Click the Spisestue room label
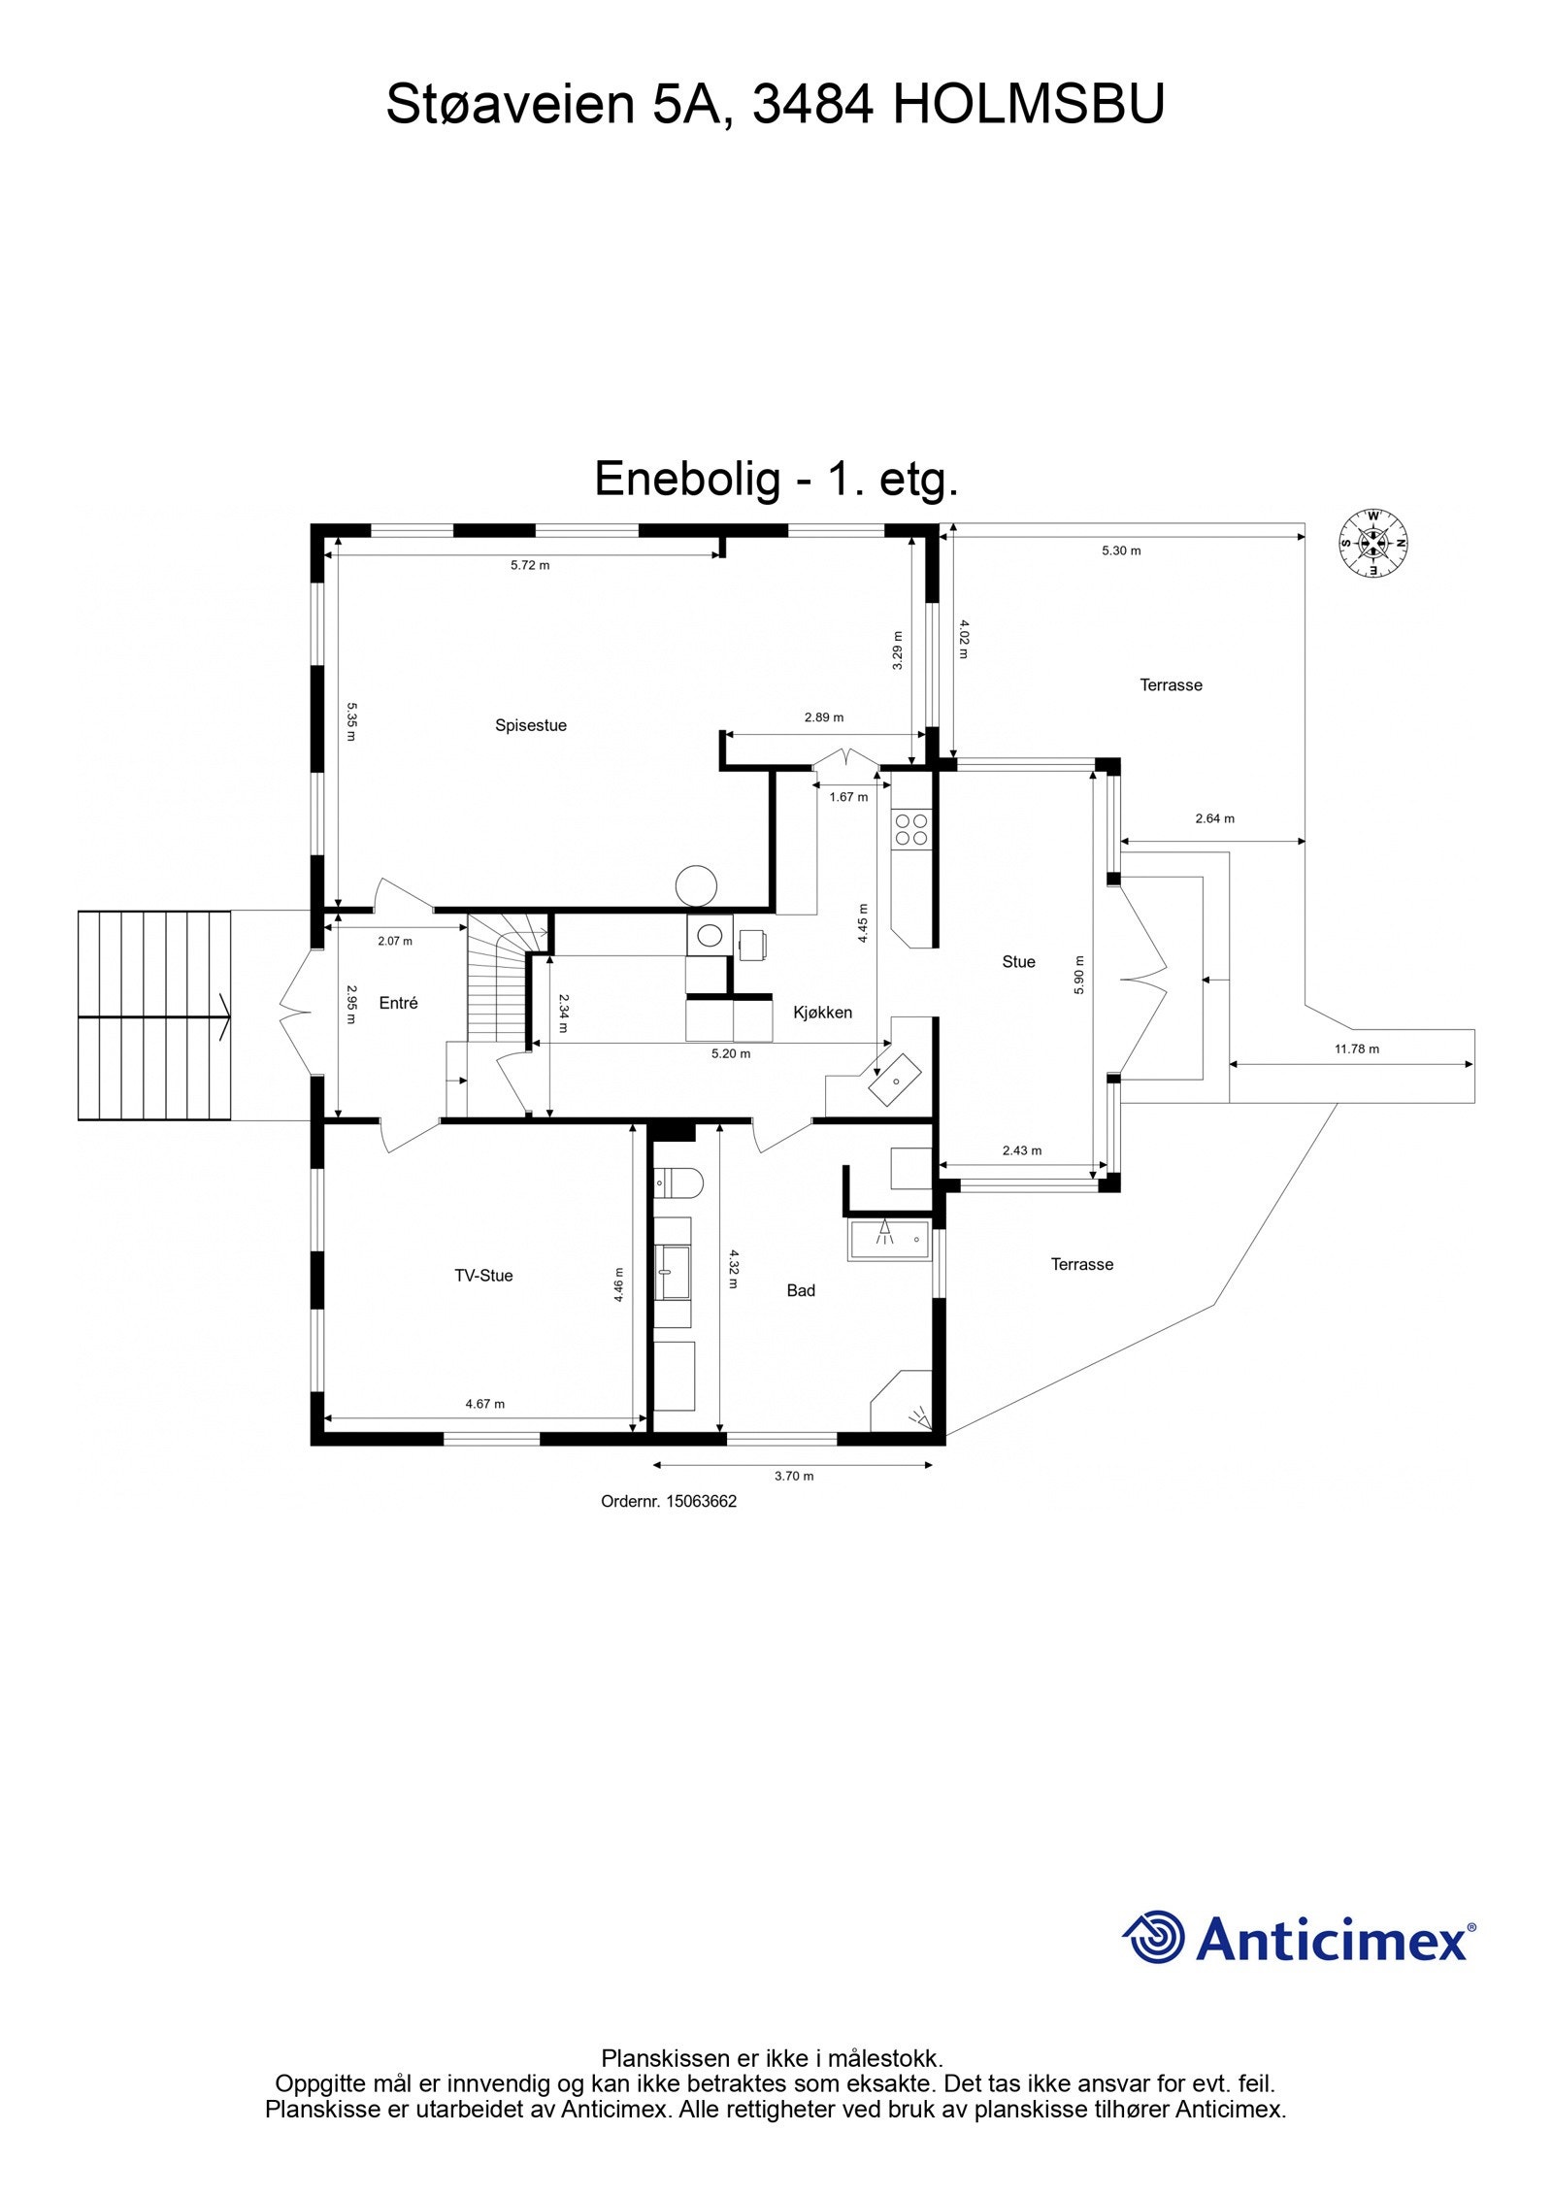[x=530, y=725]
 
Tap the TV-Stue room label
[x=483, y=1276]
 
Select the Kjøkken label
[x=822, y=1013]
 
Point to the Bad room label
[x=801, y=1290]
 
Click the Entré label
[x=398, y=1003]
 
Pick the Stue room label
[x=1018, y=962]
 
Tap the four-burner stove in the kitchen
[x=911, y=829]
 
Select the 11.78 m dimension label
[x=1356, y=1049]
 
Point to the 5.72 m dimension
[x=530, y=565]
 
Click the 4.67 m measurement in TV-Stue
[x=484, y=1404]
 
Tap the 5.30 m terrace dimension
[x=1121, y=550]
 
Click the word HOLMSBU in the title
[x=1028, y=105]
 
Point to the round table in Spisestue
[x=696, y=884]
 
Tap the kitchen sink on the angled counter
[x=895, y=1079]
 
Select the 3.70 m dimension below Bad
[x=793, y=1477]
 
